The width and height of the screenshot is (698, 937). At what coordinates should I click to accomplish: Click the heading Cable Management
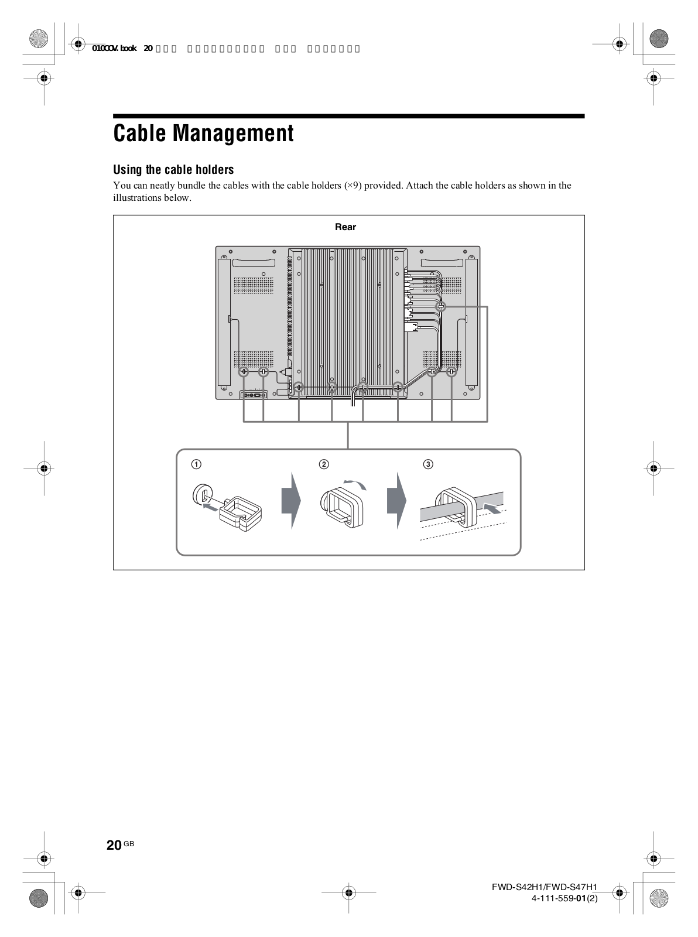[x=203, y=134]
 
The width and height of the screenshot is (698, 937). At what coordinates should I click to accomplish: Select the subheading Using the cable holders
[x=173, y=170]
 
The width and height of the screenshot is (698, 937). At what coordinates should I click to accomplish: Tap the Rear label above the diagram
[x=345, y=227]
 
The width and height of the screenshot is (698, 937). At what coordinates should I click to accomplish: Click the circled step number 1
[x=197, y=464]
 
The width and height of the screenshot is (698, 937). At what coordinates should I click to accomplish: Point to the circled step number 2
[x=323, y=464]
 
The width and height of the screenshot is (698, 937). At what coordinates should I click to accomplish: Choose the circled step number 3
[x=429, y=464]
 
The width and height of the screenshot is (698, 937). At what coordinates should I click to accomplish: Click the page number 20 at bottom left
[x=114, y=844]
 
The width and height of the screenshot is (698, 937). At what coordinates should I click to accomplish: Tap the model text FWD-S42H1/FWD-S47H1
[x=545, y=888]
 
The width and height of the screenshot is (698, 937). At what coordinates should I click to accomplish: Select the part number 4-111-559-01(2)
[x=564, y=898]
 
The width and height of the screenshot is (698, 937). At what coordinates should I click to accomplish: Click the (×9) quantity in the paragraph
[x=353, y=186]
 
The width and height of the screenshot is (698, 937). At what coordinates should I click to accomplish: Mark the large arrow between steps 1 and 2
[x=291, y=500]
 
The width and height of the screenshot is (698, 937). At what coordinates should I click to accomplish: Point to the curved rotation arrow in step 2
[x=357, y=483]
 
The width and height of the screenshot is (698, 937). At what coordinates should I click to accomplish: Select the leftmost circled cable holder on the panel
[x=244, y=372]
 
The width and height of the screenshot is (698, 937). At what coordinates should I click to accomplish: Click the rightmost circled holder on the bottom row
[x=451, y=371]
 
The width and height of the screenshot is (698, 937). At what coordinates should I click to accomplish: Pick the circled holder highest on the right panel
[x=441, y=306]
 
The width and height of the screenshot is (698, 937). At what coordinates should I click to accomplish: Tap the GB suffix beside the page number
[x=129, y=843]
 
